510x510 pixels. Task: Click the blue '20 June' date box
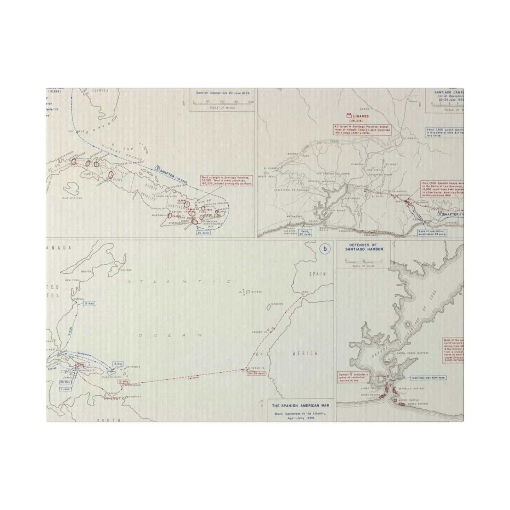point(204,233)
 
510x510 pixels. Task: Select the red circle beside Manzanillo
point(170,215)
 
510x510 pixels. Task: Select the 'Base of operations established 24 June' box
point(432,232)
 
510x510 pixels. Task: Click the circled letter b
point(325,249)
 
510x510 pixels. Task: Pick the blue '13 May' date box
point(89,303)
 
